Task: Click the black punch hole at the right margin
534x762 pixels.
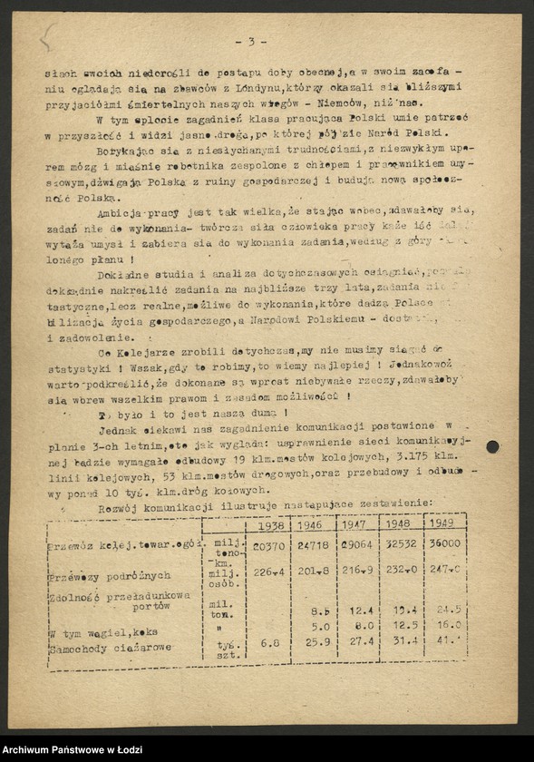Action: [492, 446]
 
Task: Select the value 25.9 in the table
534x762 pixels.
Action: [316, 643]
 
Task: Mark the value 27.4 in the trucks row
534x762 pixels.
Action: [359, 643]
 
